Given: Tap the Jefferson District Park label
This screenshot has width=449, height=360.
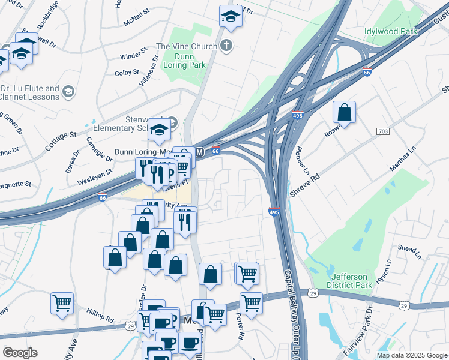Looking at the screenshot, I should pyautogui.click(x=349, y=281).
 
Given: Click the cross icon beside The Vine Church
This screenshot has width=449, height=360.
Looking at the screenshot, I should pyautogui.click(x=227, y=46).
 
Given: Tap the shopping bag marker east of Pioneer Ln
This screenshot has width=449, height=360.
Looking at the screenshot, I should pyautogui.click(x=344, y=112).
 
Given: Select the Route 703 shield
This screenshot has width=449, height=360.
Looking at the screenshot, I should pyautogui.click(x=383, y=131).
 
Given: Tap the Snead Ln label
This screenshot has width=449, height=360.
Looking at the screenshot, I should pyautogui.click(x=410, y=247).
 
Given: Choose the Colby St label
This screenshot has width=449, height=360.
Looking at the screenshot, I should pyautogui.click(x=127, y=73).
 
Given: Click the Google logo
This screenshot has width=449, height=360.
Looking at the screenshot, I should pyautogui.click(x=20, y=353).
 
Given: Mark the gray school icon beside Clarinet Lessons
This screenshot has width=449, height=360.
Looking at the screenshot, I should pyautogui.click(x=68, y=92).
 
